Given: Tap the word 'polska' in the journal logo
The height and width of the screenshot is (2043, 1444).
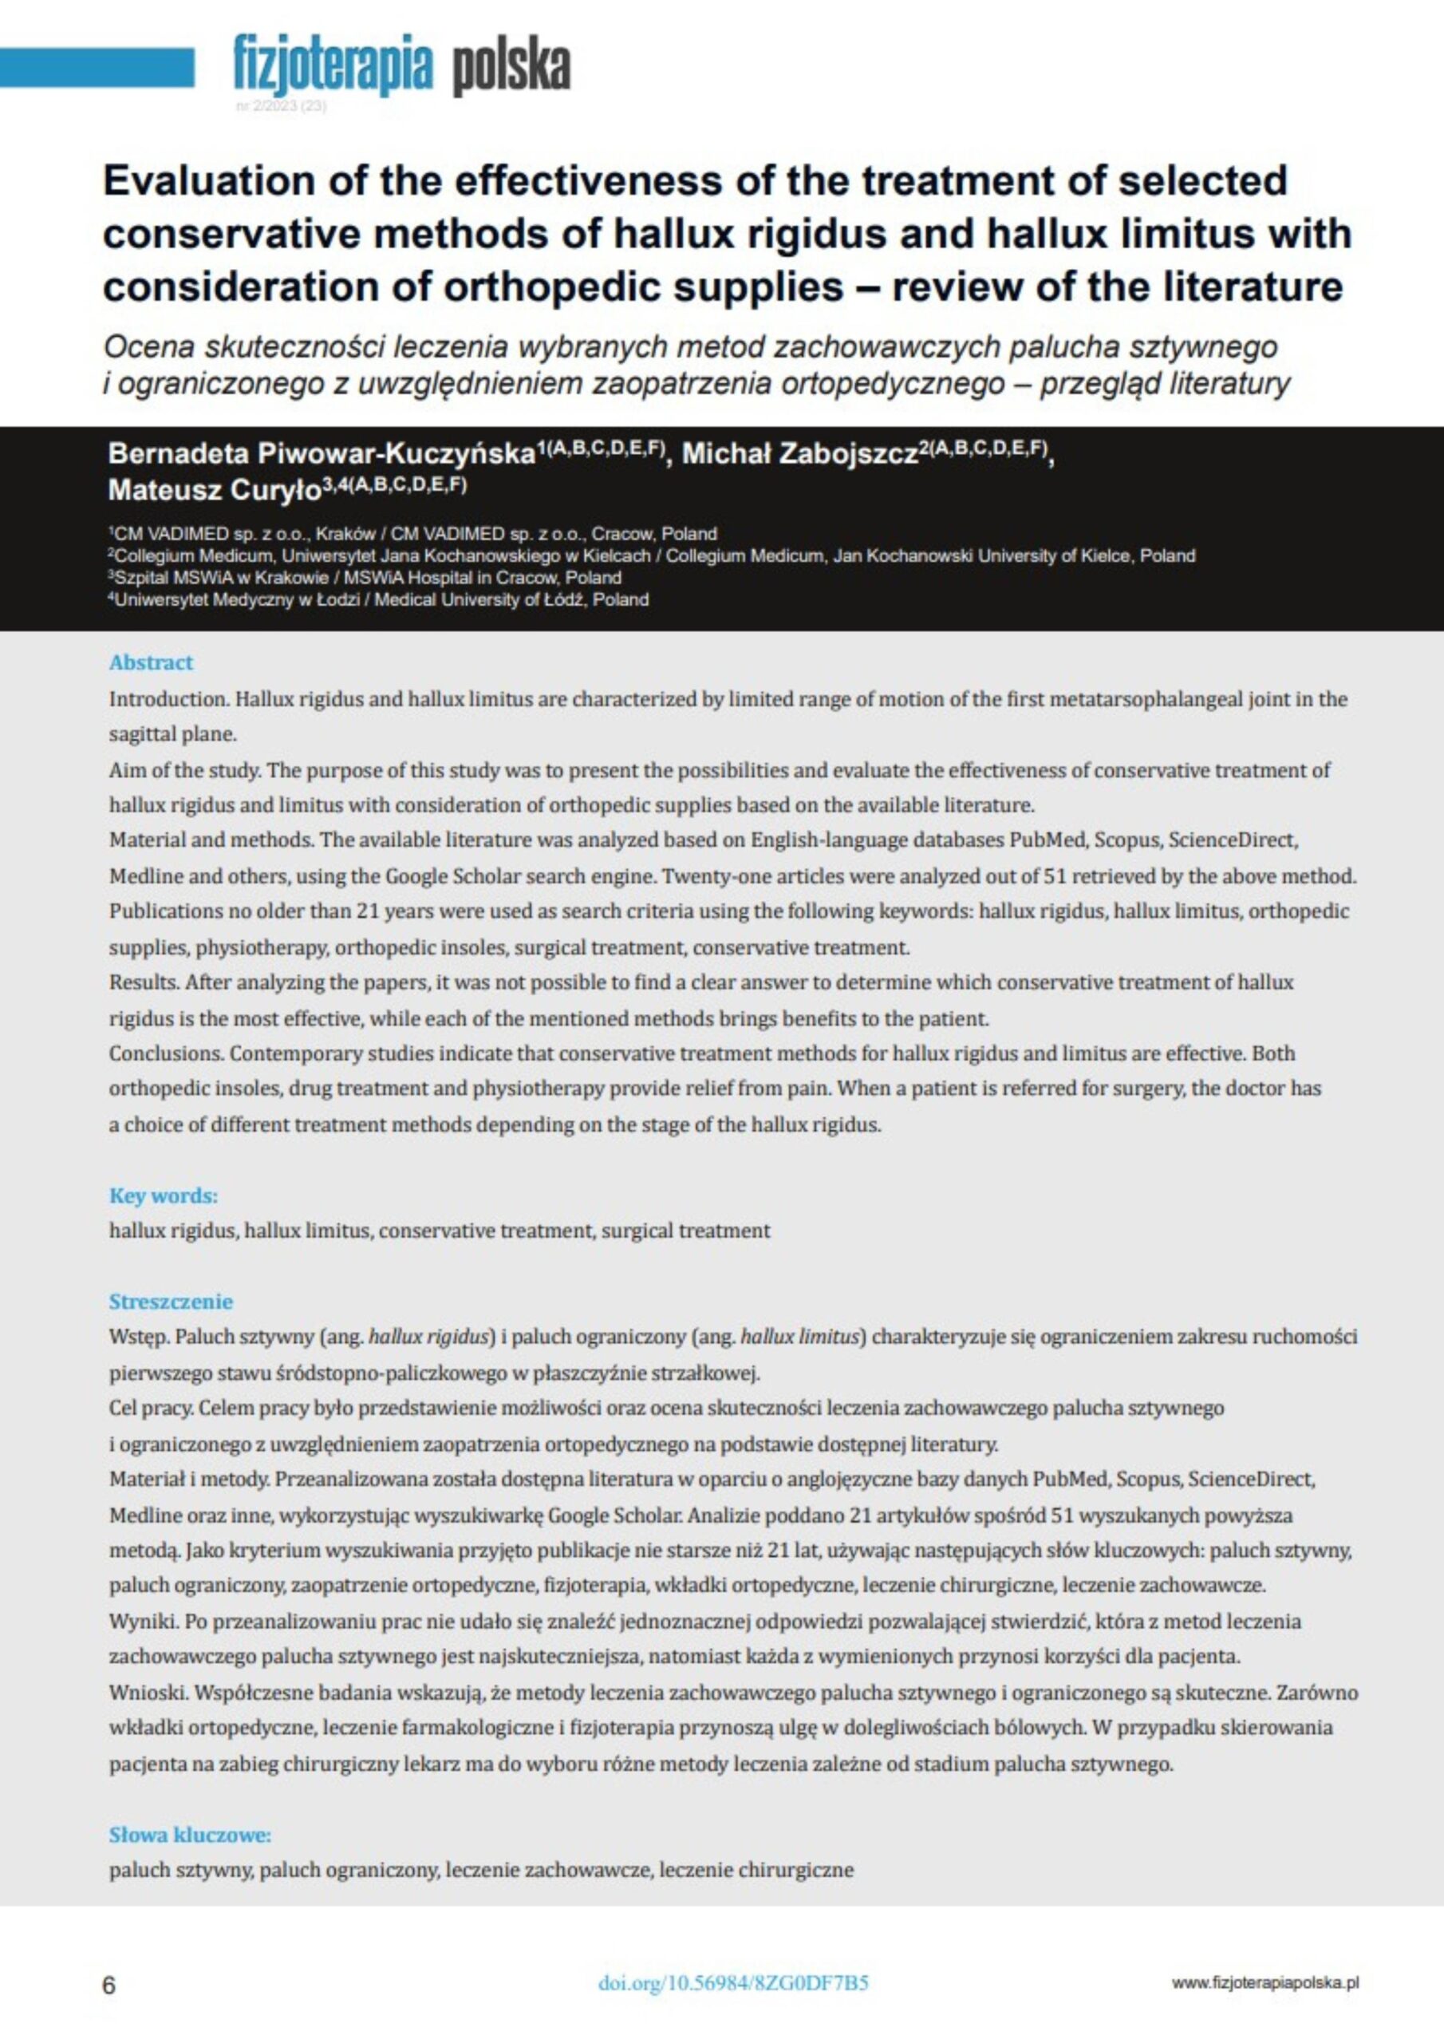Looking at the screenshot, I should [511, 66].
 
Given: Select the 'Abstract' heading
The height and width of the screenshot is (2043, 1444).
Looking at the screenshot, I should [150, 662].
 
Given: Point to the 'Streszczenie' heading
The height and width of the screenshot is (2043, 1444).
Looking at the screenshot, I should [171, 1302].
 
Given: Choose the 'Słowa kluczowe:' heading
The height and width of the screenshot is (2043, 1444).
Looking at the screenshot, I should [190, 1834].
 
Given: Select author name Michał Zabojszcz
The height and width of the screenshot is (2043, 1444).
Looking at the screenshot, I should [799, 455].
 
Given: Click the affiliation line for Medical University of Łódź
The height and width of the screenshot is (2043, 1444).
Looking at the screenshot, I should [378, 599].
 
